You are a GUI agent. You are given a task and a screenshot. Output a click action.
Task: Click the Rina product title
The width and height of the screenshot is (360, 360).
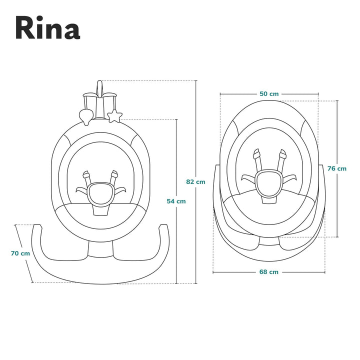(x=47, y=28)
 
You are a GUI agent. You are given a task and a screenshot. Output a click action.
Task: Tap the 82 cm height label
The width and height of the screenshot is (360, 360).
(x=195, y=181)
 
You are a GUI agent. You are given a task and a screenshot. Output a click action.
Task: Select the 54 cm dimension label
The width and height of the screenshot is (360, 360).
(x=176, y=201)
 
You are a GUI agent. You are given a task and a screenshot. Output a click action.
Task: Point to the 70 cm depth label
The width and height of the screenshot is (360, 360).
(x=20, y=253)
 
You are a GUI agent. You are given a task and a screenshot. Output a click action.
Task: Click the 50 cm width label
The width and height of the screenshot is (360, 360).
(x=269, y=94)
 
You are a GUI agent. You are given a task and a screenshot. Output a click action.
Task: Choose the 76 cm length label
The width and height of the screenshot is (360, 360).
(x=337, y=168)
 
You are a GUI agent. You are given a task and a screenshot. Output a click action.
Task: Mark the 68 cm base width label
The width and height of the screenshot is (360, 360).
(x=269, y=272)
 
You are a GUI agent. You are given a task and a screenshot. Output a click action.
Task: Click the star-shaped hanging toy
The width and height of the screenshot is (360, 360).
(x=115, y=116)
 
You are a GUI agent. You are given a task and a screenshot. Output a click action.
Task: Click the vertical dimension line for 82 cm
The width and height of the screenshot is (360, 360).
(x=195, y=130)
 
